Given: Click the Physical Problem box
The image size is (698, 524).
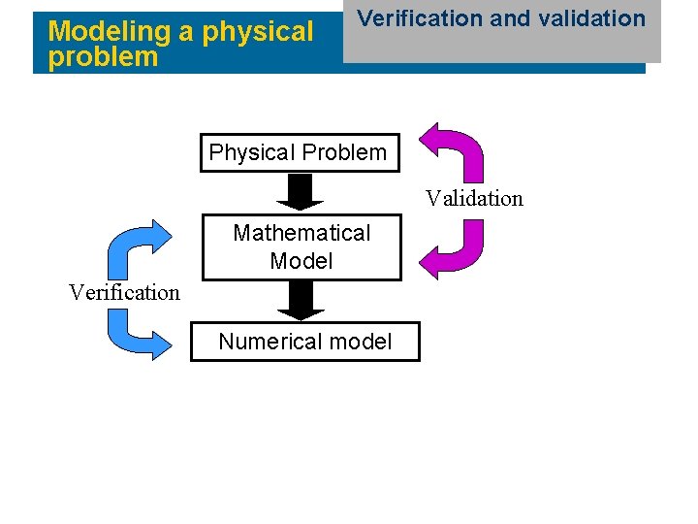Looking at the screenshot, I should (x=299, y=152).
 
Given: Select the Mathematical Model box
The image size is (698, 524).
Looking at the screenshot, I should (x=301, y=246).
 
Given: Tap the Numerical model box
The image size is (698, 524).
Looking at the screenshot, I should (x=304, y=342).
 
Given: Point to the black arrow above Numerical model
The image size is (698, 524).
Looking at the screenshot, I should (x=301, y=300).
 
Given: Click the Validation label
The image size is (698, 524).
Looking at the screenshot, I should (x=474, y=199).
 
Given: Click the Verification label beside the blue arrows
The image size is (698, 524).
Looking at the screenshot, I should (x=124, y=292).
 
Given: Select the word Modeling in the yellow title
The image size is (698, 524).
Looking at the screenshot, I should (x=110, y=31).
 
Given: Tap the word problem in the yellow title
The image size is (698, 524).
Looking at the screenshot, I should (x=103, y=56).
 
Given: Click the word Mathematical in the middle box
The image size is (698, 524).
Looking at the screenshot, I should (x=301, y=233).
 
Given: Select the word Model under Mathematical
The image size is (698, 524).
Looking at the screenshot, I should (x=301, y=261).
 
